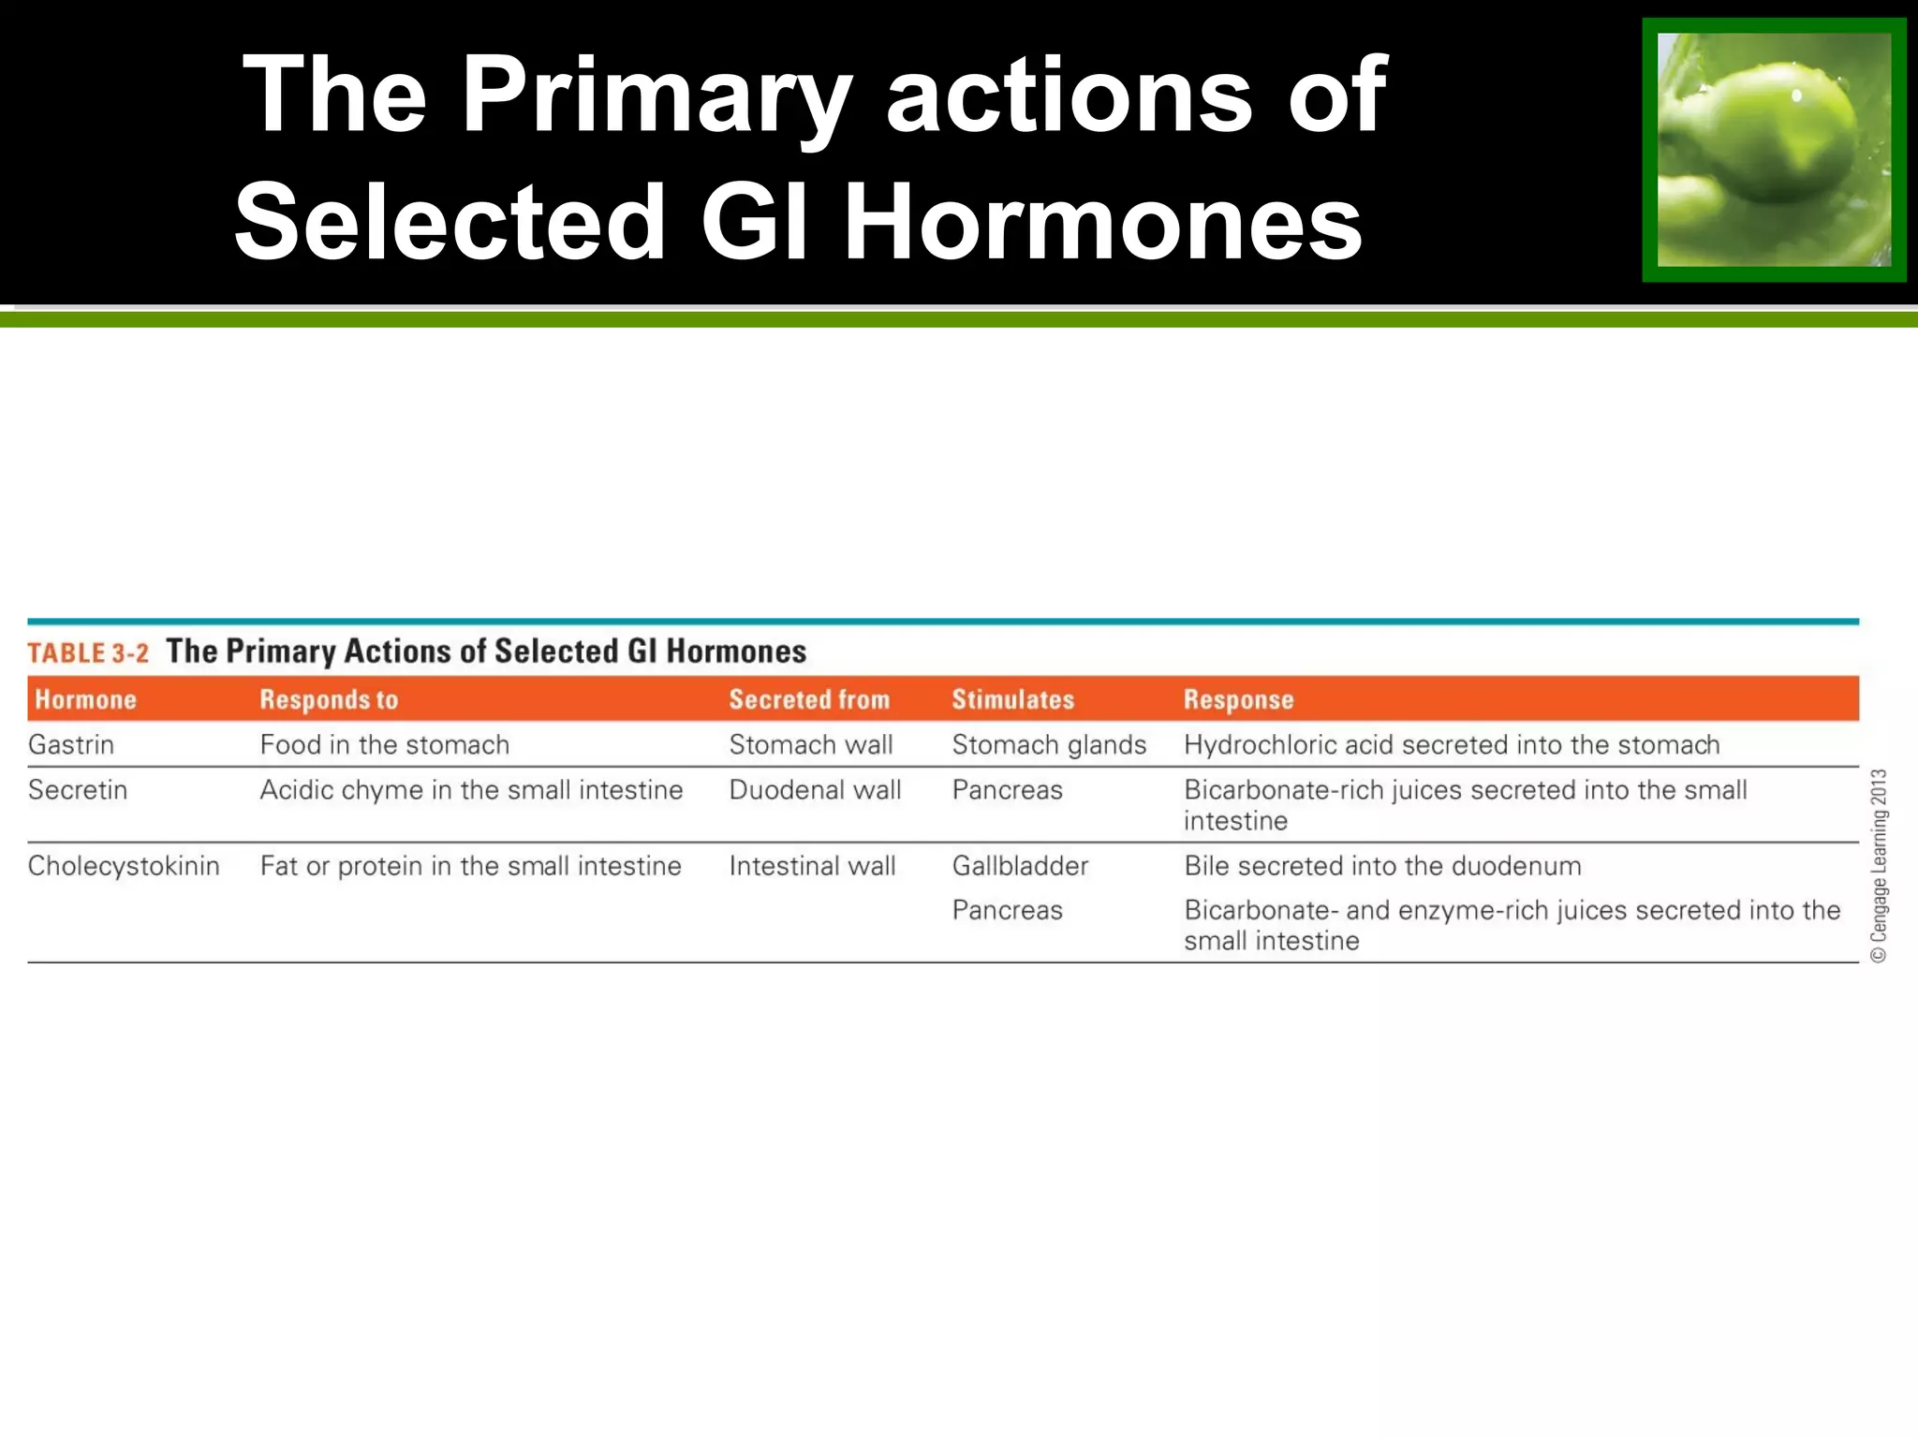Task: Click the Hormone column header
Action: [85, 699]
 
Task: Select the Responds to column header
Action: [329, 699]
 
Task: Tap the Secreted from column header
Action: [809, 699]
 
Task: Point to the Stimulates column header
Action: [1012, 699]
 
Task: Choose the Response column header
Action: [1238, 699]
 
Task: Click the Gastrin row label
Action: [71, 745]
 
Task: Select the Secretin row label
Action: [78, 790]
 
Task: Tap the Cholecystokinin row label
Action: [124, 866]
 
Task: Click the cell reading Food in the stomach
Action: [385, 745]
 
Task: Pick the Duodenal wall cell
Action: [815, 790]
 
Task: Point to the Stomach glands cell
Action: [1049, 745]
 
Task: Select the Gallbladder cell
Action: [1020, 866]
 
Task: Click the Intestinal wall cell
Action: [812, 866]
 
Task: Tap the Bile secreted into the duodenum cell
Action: [1382, 866]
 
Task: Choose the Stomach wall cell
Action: [811, 745]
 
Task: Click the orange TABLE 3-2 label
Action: [88, 653]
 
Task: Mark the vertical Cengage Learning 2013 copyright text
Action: [1879, 866]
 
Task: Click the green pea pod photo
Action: [1774, 150]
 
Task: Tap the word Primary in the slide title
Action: [656, 95]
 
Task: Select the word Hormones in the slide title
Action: [1102, 222]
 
